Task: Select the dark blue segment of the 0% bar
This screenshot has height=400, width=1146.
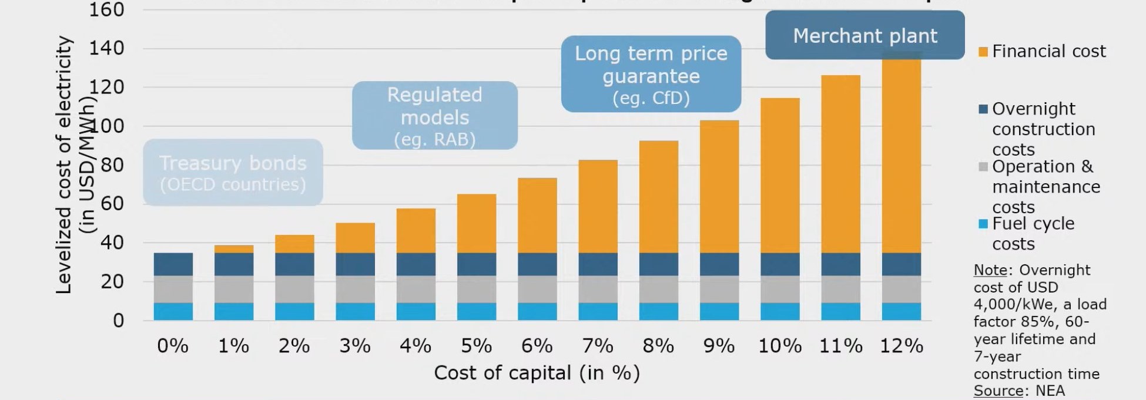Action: (x=173, y=264)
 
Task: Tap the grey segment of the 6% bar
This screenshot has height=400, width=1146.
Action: (x=537, y=289)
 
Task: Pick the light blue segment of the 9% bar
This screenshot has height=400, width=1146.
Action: (x=719, y=311)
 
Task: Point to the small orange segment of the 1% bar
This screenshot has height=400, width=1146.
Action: (x=233, y=249)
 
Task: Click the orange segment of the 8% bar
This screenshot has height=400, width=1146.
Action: (x=658, y=197)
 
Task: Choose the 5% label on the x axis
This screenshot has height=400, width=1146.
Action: (x=476, y=346)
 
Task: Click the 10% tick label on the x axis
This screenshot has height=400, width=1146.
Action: (x=779, y=346)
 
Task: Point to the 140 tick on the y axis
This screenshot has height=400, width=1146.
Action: (x=106, y=48)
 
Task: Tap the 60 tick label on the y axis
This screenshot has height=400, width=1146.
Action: (x=112, y=204)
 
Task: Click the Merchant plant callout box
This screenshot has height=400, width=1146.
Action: (x=864, y=36)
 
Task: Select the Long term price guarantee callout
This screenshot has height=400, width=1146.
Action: (x=651, y=75)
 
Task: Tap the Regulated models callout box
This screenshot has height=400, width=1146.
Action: (x=434, y=116)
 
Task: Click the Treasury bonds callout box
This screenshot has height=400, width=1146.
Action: (x=233, y=173)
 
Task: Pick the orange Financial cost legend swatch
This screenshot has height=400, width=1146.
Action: (x=983, y=52)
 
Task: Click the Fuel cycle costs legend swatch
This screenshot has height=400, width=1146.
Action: (x=983, y=224)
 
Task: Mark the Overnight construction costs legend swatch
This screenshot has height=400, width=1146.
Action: (x=983, y=109)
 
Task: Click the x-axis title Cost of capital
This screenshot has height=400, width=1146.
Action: (x=537, y=373)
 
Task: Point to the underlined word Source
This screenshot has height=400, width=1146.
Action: (x=990, y=391)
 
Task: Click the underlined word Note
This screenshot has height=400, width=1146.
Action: (x=990, y=270)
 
